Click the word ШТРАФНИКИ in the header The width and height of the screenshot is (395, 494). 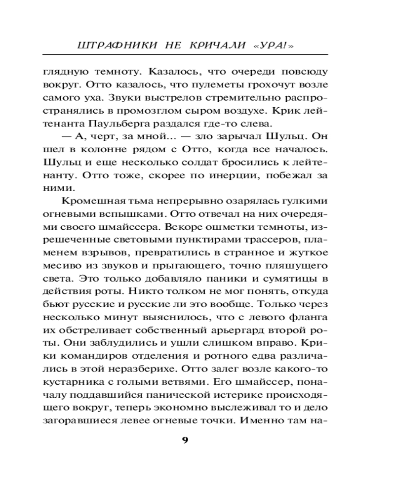[110, 45]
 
